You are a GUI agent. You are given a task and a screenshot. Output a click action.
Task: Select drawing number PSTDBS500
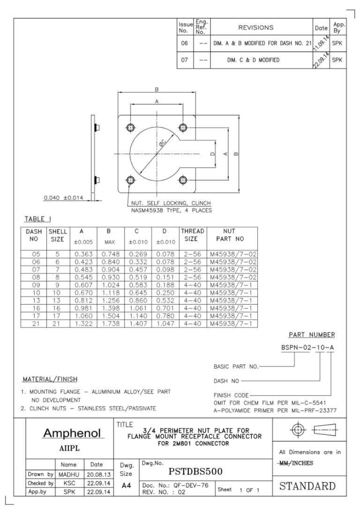click(196, 471)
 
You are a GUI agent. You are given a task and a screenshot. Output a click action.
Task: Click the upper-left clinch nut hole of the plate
click(131, 127)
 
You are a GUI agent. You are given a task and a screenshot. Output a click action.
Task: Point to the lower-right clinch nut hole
click(183, 180)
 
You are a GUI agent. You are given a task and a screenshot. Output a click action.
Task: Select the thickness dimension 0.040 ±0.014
click(63, 198)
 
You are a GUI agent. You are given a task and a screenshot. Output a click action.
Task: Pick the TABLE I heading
click(38, 219)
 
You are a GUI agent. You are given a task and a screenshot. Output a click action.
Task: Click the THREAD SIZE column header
click(192, 235)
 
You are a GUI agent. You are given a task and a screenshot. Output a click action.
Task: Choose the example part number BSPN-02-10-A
click(307, 348)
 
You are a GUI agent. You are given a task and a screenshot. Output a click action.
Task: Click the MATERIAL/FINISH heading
click(50, 379)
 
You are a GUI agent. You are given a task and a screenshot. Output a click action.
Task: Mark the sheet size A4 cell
click(126, 487)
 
